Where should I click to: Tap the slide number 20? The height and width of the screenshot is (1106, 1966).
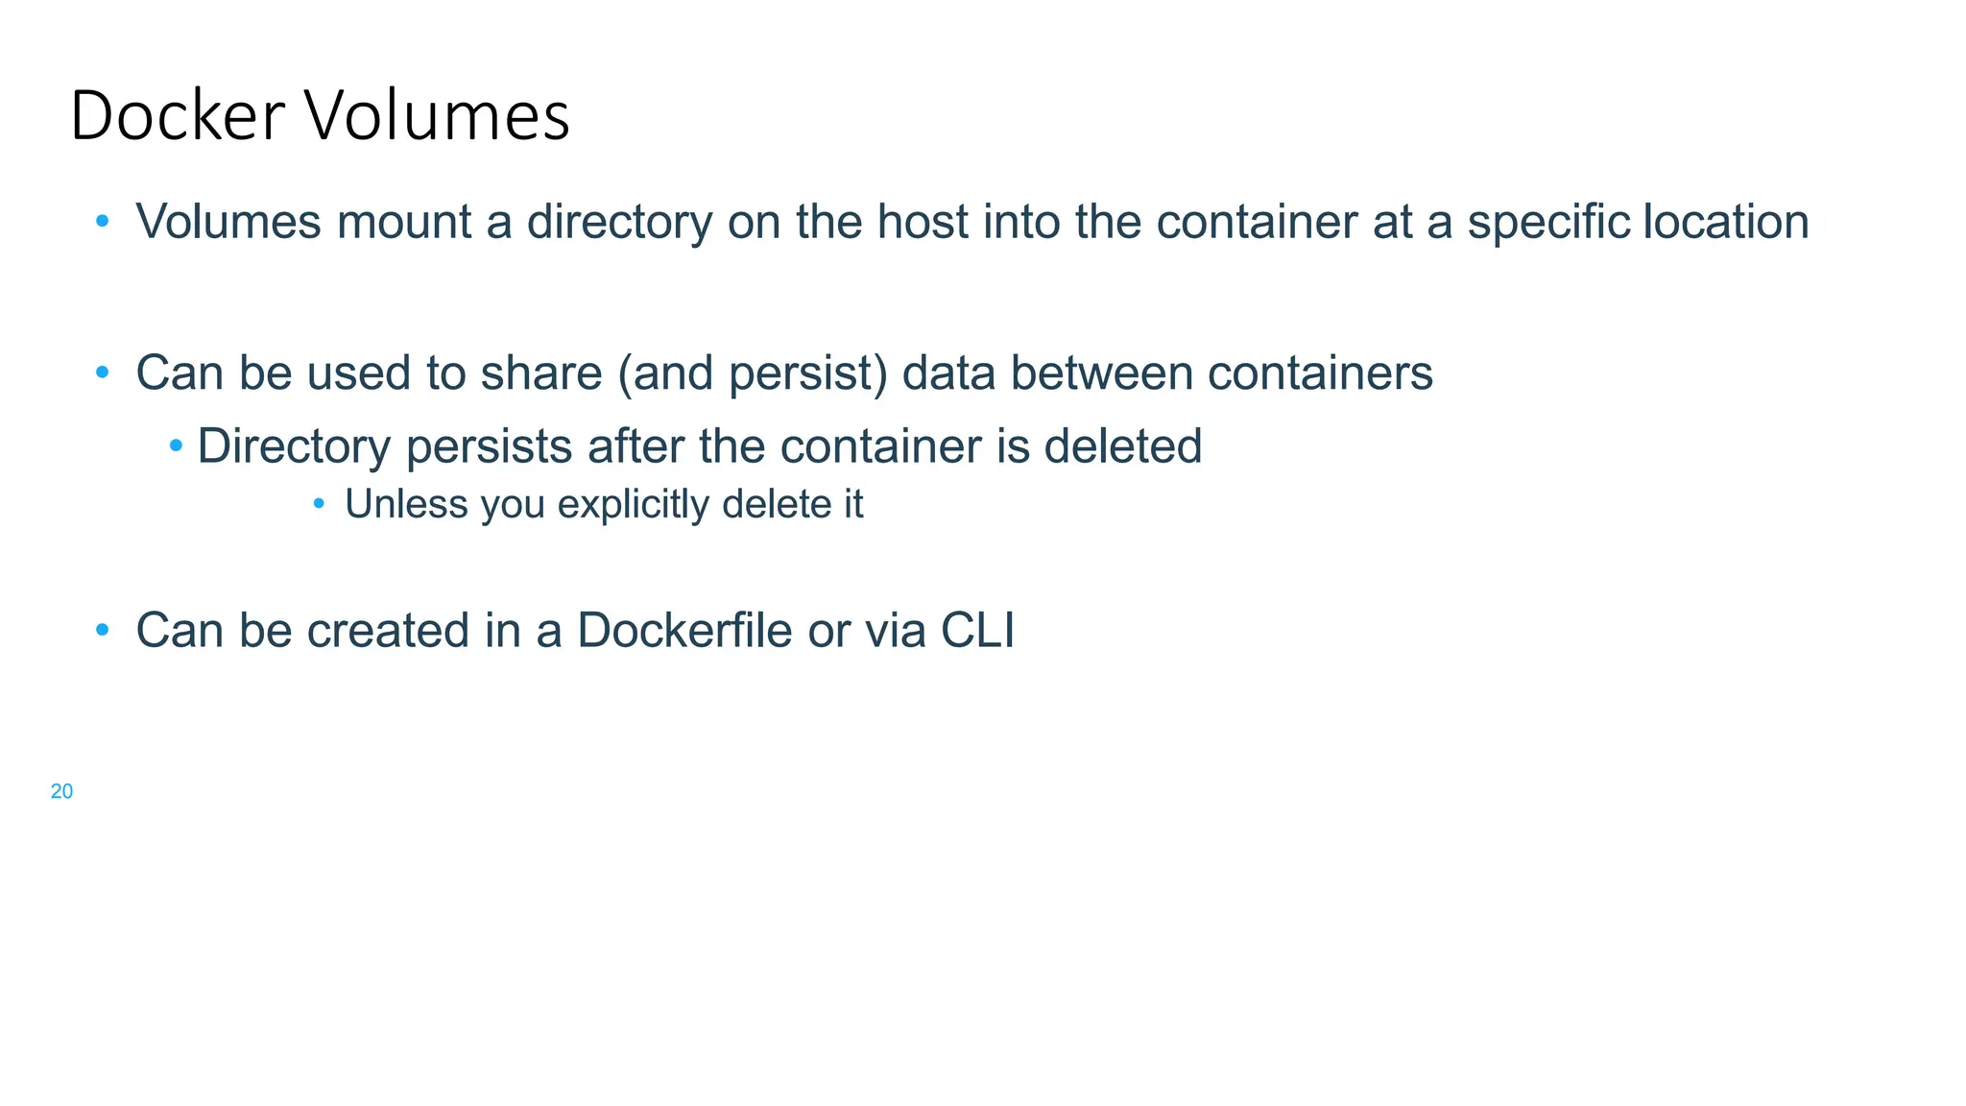coord(61,791)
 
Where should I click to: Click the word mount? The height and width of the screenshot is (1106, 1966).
coord(404,222)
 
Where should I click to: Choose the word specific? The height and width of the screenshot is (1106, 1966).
coord(1548,222)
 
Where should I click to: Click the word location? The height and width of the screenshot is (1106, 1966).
coord(1726,222)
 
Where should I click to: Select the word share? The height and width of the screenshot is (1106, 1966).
coord(540,373)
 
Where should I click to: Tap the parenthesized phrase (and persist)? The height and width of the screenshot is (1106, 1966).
coord(753,373)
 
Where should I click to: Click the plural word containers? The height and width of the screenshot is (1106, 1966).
coord(1320,373)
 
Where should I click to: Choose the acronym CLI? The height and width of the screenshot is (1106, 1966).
coord(977,631)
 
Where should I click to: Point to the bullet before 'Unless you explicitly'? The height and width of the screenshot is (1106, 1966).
coord(319,502)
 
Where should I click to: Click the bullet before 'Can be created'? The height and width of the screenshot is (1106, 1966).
coord(103,631)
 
